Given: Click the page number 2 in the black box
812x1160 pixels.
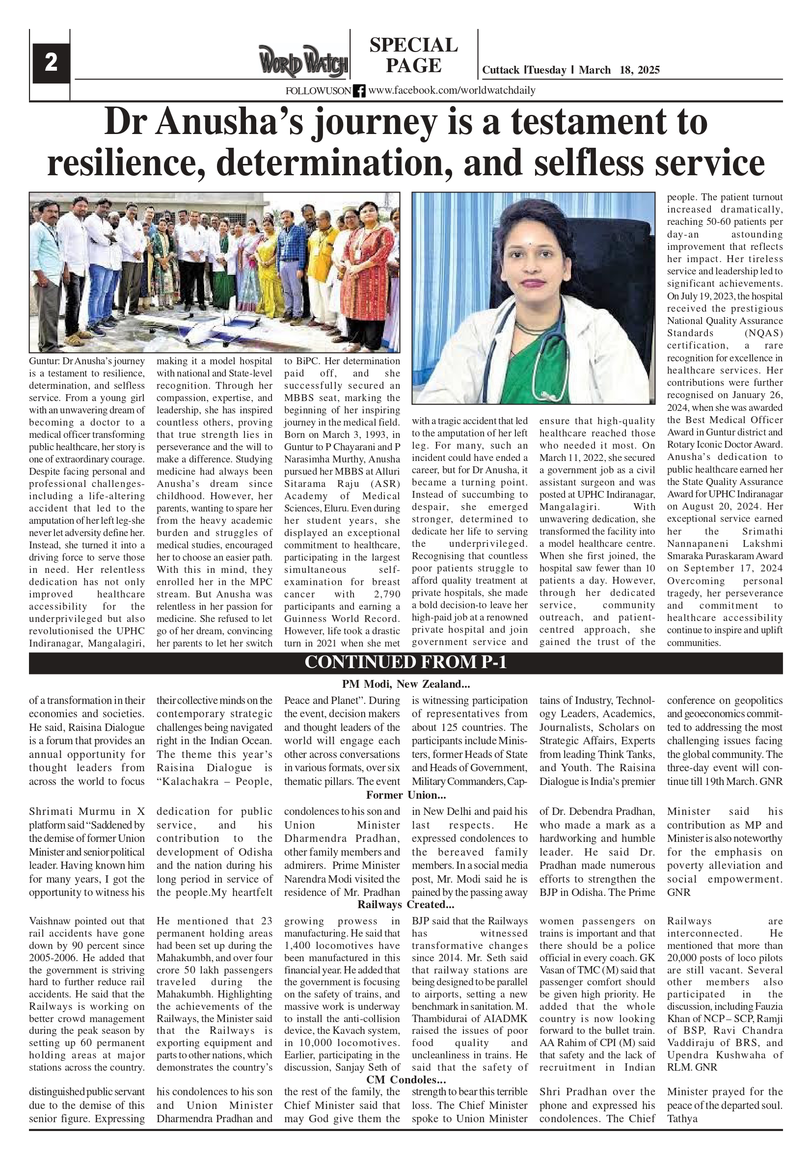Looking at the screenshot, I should pos(51,63).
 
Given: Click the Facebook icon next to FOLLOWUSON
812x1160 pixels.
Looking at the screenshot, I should pos(359,91).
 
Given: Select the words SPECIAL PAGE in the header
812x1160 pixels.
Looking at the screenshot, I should pos(413,55).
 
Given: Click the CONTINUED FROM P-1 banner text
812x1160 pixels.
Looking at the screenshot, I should pos(405,662).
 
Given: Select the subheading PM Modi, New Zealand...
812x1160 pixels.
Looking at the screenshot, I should pos(406,684).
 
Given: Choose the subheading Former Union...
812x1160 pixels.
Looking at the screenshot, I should pos(406,795).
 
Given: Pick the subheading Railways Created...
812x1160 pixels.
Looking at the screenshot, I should pos(406,904).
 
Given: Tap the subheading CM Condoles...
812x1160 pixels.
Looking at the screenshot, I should pos(406,1079).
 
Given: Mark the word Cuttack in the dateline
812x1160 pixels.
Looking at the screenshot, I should pos(501,70).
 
